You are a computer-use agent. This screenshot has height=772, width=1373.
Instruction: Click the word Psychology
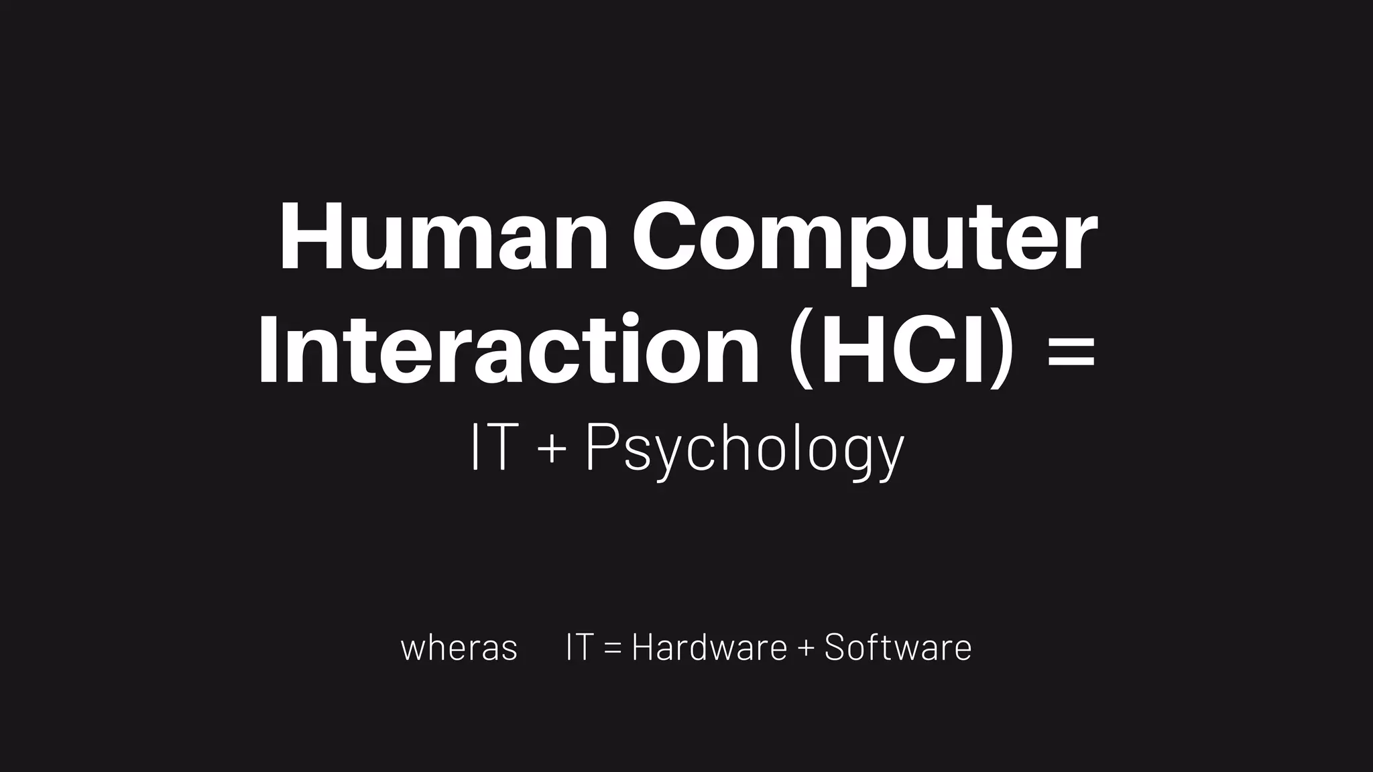point(744,450)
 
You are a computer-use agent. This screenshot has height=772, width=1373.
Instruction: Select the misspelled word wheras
point(459,648)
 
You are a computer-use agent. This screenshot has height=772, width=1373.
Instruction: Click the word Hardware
point(709,647)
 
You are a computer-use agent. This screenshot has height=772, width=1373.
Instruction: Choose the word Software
point(898,647)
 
